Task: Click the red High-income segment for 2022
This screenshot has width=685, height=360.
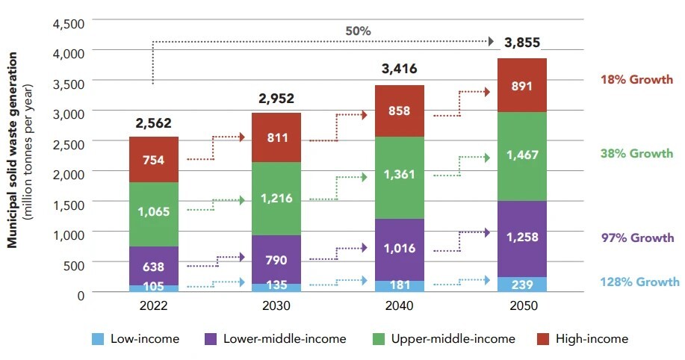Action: (153, 159)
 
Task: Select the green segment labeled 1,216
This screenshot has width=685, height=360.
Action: (276, 199)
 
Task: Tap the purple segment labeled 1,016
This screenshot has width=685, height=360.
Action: (400, 249)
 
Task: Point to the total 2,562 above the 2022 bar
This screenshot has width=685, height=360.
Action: (153, 122)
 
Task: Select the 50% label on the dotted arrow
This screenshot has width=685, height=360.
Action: (359, 31)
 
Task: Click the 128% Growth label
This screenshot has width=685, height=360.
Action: (639, 282)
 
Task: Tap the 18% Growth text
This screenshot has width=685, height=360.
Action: (637, 78)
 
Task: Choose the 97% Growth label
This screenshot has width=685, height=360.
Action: (637, 238)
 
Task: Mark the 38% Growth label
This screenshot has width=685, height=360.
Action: (637, 154)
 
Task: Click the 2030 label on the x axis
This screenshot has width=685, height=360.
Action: (276, 306)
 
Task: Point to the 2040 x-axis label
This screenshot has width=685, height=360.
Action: (400, 306)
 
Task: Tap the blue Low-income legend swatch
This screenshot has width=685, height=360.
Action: (97, 339)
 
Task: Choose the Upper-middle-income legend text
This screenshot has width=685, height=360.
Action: (453, 339)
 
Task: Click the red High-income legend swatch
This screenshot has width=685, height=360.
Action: (542, 339)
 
